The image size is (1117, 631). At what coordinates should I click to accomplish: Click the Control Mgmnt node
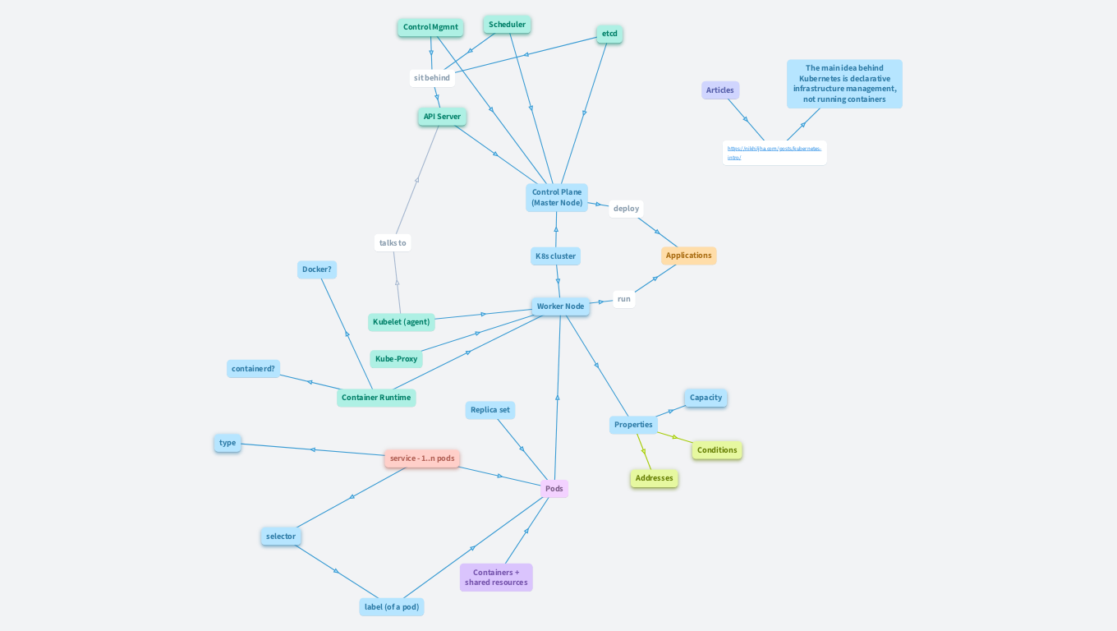pos(430,27)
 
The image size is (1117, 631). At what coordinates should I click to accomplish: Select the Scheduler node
pos(507,25)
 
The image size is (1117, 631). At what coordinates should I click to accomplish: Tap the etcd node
pos(609,34)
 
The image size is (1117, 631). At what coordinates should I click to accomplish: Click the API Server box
pos(442,117)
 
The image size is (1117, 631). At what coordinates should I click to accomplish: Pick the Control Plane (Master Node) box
pos(557,197)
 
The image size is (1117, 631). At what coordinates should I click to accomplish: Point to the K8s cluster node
pos(555,256)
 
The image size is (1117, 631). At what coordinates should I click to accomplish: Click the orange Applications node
pos(688,256)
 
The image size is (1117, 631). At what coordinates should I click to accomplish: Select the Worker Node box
pos(560,306)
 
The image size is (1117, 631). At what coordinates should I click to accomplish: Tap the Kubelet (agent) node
pos(401,322)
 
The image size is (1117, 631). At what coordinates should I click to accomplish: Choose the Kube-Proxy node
pos(396,359)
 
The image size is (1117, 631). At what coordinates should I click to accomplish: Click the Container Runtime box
pos(376,398)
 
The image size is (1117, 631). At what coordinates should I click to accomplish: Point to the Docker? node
pos(317,269)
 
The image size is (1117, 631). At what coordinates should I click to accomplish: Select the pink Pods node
pos(554,489)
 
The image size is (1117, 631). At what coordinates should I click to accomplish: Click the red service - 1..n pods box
pos(422,458)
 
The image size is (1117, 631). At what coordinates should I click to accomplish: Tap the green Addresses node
pos(654,478)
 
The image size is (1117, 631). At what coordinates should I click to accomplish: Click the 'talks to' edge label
pos(393,243)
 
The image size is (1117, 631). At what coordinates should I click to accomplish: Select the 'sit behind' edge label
pos(432,78)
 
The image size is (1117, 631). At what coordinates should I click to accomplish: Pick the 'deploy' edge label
pos(626,209)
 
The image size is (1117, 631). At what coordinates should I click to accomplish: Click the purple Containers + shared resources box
pos(496,578)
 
